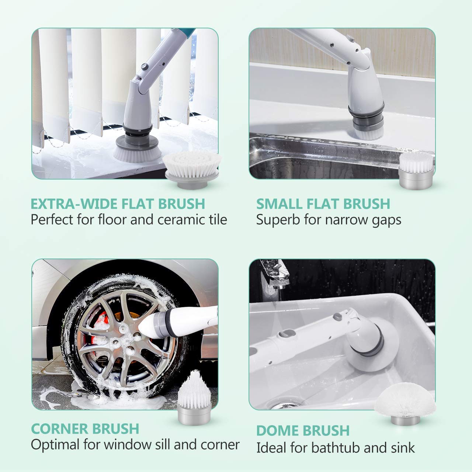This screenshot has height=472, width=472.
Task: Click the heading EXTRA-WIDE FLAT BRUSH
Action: (x=118, y=204)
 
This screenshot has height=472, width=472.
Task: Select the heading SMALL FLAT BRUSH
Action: (x=323, y=204)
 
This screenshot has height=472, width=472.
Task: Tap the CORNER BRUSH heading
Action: (x=85, y=428)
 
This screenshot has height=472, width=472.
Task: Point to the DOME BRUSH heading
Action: (x=303, y=430)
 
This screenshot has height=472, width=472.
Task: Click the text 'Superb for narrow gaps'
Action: (x=329, y=220)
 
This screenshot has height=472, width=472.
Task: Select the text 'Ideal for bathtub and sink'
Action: (x=335, y=448)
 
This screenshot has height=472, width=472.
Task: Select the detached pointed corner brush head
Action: (x=192, y=398)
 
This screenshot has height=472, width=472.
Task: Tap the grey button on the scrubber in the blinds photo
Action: (x=145, y=67)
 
